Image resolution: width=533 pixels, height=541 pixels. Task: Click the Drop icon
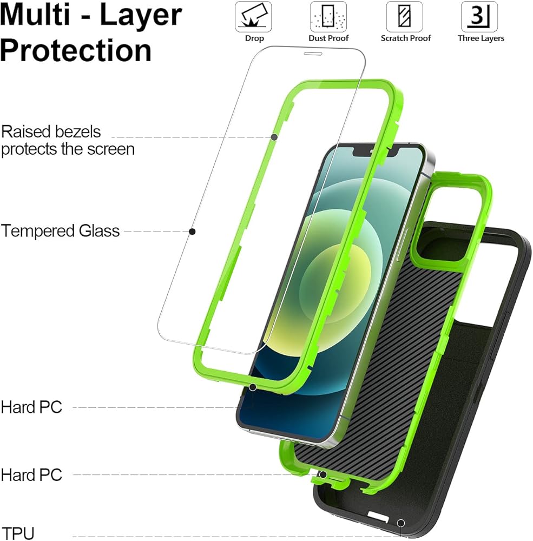[x=253, y=17]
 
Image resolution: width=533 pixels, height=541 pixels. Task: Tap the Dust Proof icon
[x=328, y=17]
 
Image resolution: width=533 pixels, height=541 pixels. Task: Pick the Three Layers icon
[x=479, y=17]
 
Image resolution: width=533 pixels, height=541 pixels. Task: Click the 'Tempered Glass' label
[x=60, y=231]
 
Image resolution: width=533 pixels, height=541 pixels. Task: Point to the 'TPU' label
[x=18, y=533]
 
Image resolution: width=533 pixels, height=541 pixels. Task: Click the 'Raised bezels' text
[x=51, y=131]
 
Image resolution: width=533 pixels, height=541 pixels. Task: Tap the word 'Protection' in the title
[x=76, y=50]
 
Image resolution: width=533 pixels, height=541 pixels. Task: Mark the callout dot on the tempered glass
[x=192, y=232]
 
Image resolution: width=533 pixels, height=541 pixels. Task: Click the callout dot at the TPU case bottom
[x=401, y=523]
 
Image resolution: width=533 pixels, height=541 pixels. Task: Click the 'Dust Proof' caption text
[x=328, y=38]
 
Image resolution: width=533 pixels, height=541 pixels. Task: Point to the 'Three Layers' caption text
[x=481, y=38]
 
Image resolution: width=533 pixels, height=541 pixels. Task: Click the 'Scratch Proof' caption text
[x=406, y=38]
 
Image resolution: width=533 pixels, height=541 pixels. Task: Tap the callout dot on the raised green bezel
[x=274, y=137]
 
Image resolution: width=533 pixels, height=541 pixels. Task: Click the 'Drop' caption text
[x=254, y=38]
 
